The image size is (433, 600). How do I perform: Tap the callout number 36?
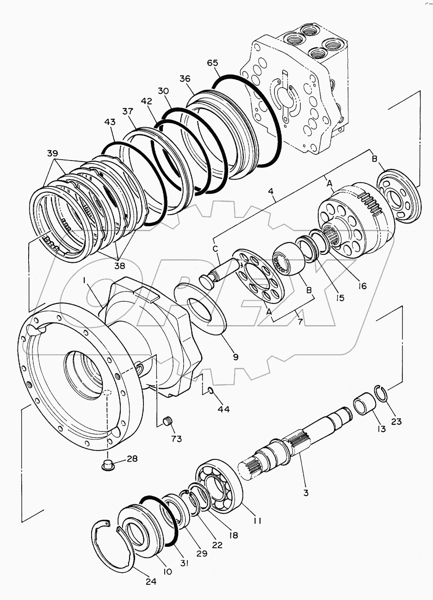click(184, 80)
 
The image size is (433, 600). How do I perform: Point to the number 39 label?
click(53, 153)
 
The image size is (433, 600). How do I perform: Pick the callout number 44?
click(223, 409)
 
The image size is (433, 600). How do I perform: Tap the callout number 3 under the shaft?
click(305, 493)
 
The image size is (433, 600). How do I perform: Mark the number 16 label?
click(362, 286)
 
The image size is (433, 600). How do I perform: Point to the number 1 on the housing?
click(86, 280)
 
